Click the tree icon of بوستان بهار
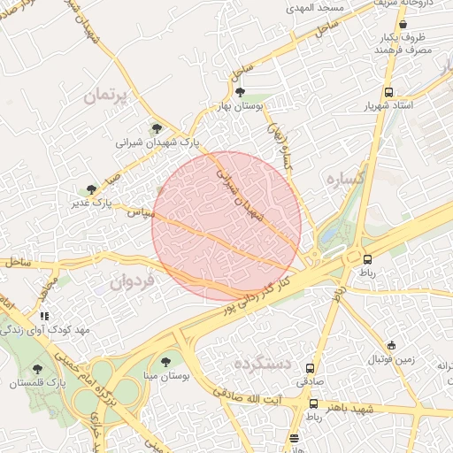pos(240,91)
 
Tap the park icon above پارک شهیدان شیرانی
pos(157,128)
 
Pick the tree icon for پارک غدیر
pos(91,189)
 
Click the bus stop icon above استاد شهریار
pos(388,92)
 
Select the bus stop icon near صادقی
pos(311,367)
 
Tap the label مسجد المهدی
pos(321,7)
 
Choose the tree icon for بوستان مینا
pos(165,362)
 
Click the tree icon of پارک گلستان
pos(37,369)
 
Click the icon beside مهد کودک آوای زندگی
pos(44,315)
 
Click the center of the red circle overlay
pos(226,226)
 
